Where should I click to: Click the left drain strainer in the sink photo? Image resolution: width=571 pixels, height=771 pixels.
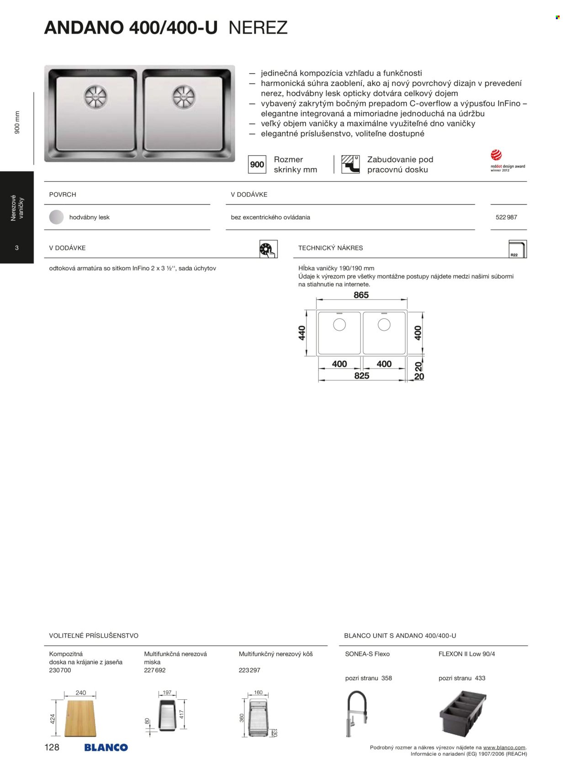[x=95, y=97]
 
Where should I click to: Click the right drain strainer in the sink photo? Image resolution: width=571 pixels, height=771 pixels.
[x=184, y=97]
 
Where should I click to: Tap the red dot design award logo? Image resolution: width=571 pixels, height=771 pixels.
[x=497, y=155]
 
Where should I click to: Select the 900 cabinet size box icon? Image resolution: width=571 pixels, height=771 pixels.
[x=257, y=164]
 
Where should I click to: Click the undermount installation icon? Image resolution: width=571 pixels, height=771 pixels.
[x=350, y=164]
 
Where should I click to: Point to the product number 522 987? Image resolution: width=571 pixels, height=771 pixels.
[x=506, y=217]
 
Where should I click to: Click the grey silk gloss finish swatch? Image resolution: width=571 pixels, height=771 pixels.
[x=57, y=217]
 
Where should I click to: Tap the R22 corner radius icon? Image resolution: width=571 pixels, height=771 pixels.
[x=517, y=249]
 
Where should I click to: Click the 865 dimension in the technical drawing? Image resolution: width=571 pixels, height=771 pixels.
[x=361, y=295]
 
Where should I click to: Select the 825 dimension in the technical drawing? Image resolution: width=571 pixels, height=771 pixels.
[x=361, y=376]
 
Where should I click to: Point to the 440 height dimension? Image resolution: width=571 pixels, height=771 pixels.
[x=302, y=333]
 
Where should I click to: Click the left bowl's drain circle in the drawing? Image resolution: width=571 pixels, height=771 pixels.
[x=339, y=325]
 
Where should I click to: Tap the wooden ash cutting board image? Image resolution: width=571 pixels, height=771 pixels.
[x=80, y=718]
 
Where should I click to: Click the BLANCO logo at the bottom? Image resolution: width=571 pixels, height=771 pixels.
[x=106, y=748]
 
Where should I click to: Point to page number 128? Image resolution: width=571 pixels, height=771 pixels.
[x=52, y=747]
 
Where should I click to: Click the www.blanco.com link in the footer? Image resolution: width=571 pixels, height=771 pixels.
[x=504, y=748]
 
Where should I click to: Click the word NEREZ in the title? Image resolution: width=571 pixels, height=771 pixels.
[x=258, y=28]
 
